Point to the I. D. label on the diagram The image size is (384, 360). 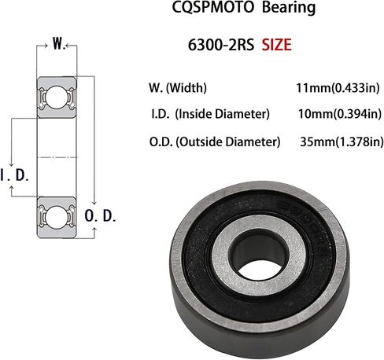[x=15, y=174]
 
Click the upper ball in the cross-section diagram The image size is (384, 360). [x=56, y=97]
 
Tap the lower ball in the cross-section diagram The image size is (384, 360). [x=56, y=214]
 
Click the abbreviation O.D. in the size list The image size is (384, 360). [x=161, y=142]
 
